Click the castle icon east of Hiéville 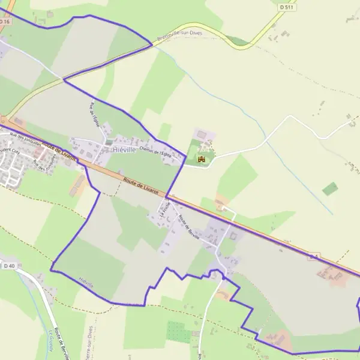pyautogui.click(x=202, y=159)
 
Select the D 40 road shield pyautogui.click(x=8, y=266)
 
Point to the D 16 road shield pyautogui.click(x=5, y=22)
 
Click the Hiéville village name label pyautogui.click(x=124, y=150)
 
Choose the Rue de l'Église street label pyautogui.click(x=94, y=115)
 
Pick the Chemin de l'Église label pyautogui.click(x=155, y=152)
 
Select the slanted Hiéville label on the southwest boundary pyautogui.click(x=85, y=282)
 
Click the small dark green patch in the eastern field pyautogui.click(x=330, y=189)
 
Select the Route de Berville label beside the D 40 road pyautogui.click(x=60, y=343)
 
